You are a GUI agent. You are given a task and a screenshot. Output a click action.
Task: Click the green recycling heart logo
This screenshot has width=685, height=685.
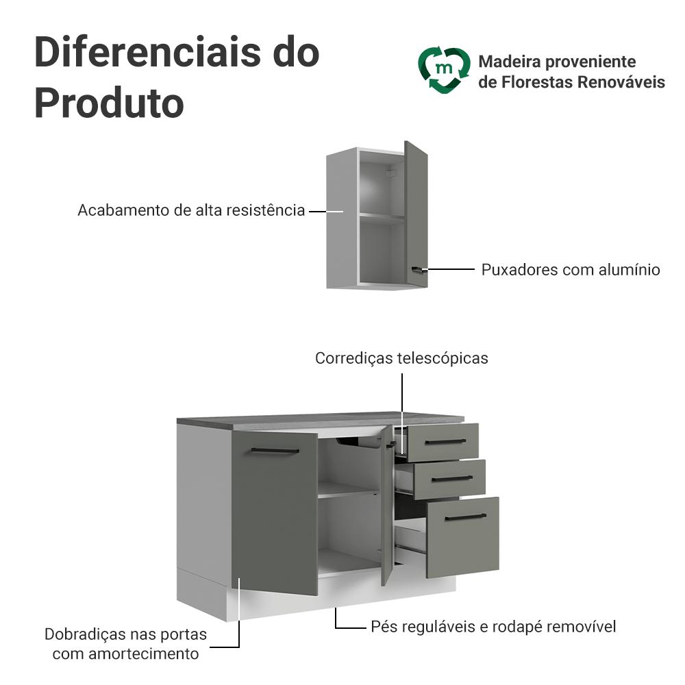coord(445,70)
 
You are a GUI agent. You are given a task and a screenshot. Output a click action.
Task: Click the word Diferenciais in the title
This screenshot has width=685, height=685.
coord(148,53)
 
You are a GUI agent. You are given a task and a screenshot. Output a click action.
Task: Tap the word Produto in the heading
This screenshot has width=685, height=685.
coord(109,103)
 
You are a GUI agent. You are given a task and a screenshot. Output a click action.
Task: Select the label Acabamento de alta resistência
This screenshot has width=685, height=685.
coord(191,210)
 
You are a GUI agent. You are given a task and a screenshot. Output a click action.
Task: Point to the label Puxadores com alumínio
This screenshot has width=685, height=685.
coord(571,269)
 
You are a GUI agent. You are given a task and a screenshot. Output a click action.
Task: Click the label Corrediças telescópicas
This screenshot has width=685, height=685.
coord(401,358)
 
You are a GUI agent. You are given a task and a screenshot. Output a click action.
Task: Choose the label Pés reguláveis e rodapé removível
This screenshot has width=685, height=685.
coord(493,627)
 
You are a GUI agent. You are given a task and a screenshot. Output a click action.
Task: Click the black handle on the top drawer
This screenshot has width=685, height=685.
coord(445,442)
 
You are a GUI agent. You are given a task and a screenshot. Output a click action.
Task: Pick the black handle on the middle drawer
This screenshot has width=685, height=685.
coord(452,479)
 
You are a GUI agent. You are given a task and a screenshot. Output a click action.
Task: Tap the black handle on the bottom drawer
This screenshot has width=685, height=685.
coord(466,517)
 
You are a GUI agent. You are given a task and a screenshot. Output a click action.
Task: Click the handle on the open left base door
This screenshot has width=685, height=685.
coord(275,451)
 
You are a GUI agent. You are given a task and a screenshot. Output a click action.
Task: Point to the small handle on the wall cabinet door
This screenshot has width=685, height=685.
coord(419,269)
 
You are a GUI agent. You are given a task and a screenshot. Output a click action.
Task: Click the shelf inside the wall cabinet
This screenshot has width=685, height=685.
coord(382,218)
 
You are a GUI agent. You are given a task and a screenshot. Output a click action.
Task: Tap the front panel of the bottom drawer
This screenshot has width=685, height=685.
coord(462,537)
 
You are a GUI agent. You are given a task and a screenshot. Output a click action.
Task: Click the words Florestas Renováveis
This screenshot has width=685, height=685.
coord(583,82)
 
